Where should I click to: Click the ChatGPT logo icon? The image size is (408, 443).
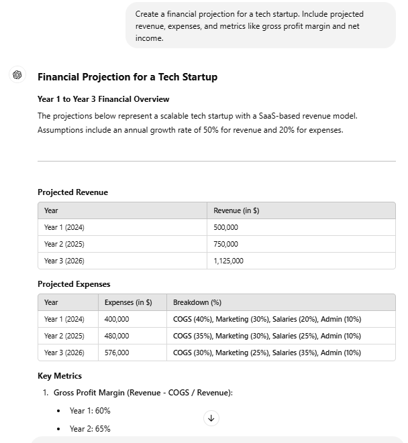[x=17, y=75]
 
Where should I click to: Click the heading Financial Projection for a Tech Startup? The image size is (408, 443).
[x=127, y=76]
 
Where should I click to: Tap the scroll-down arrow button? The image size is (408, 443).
[x=211, y=418]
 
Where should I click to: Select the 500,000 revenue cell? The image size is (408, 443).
[x=225, y=227]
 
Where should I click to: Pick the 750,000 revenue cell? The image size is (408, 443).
[x=225, y=244]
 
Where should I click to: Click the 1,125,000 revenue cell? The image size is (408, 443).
[x=228, y=261]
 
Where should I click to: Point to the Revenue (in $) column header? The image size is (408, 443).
[x=236, y=210]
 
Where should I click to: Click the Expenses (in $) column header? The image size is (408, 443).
[x=128, y=302]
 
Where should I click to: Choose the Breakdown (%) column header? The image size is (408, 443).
[x=197, y=302]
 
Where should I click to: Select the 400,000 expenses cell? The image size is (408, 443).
[x=117, y=319]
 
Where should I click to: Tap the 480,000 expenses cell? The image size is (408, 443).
[x=117, y=336]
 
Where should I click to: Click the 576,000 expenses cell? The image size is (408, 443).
[x=117, y=353]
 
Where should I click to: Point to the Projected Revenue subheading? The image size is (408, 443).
[x=72, y=192]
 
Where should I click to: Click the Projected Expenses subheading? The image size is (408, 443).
[x=74, y=284]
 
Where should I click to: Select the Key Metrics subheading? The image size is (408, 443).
[x=60, y=376]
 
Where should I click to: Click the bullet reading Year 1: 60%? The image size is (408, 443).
[x=90, y=411]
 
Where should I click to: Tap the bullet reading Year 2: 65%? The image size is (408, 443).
[x=90, y=429]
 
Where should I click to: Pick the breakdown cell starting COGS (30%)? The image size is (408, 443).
[x=266, y=353]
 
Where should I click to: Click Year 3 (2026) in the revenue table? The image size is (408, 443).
[x=64, y=261]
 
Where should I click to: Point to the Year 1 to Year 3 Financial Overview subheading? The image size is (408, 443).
[x=103, y=99]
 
